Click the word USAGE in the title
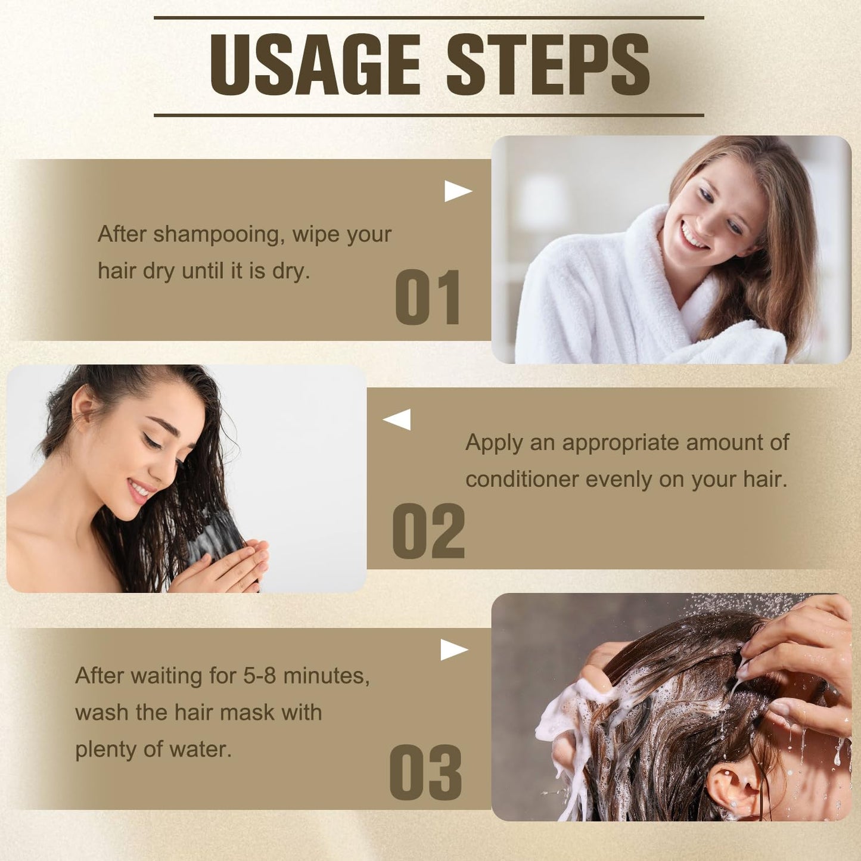point(315,65)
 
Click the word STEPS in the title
point(548,65)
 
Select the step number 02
point(428,531)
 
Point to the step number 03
point(425,772)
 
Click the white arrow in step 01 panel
point(458,191)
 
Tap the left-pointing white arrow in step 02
point(397,419)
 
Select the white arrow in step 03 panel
point(453,650)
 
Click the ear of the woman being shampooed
point(730,787)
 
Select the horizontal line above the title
point(428,18)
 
